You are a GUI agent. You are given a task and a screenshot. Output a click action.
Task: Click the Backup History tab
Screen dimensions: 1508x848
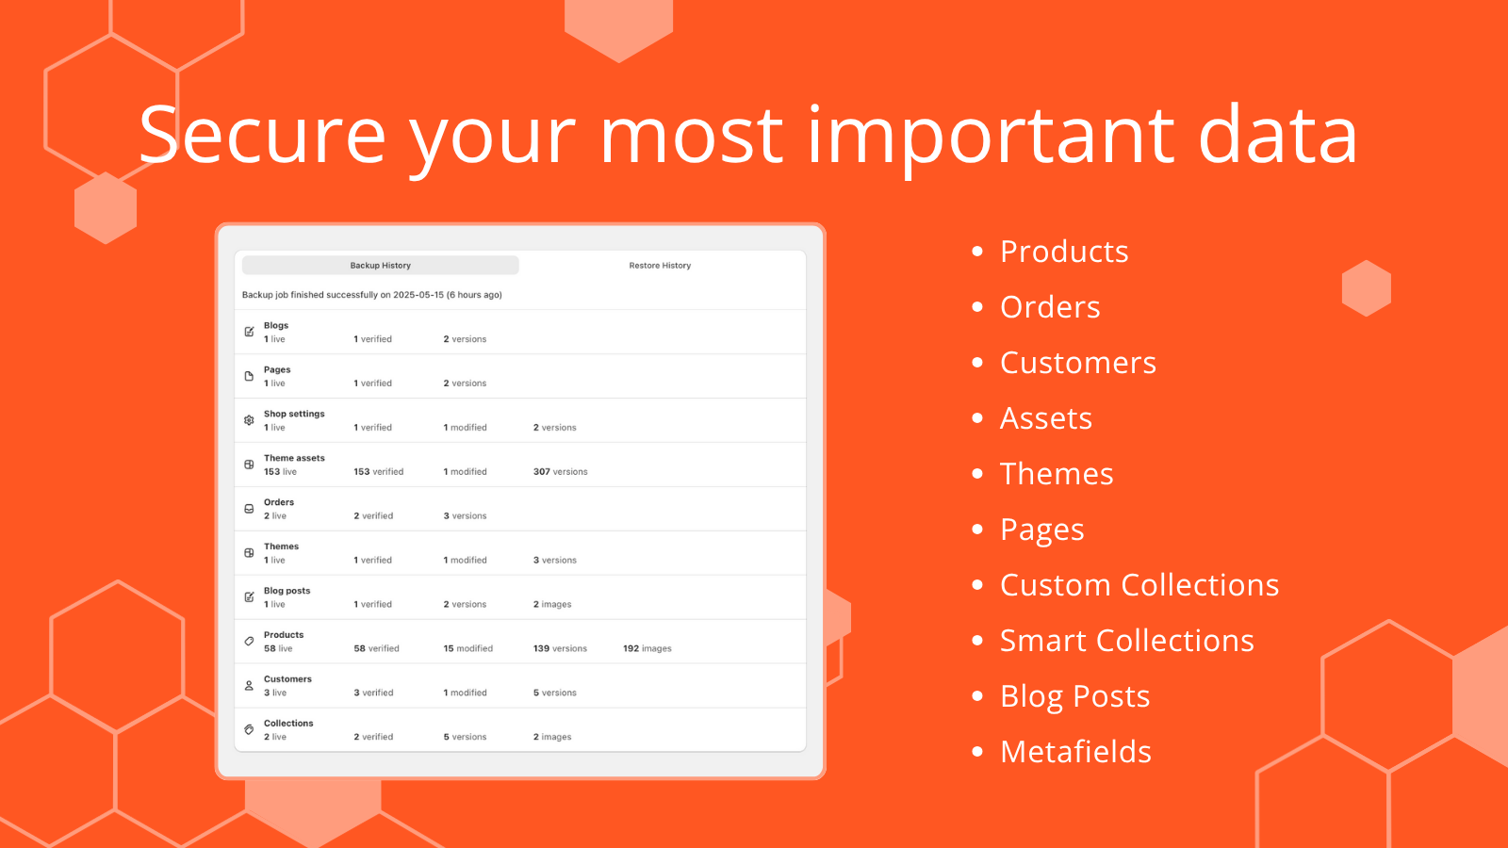(x=381, y=265)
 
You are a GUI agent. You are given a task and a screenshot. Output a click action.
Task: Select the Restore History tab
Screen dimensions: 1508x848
(x=660, y=265)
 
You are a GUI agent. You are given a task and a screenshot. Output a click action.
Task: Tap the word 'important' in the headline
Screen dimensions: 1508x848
(x=991, y=138)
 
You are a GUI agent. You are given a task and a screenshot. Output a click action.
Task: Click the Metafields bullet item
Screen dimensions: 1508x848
(x=1075, y=751)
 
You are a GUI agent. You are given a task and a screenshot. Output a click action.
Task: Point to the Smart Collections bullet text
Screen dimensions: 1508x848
(x=1127, y=640)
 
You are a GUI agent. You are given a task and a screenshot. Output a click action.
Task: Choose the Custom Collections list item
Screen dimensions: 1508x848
(x=1139, y=584)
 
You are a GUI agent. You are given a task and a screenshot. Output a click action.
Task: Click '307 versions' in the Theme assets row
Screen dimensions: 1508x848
(x=560, y=472)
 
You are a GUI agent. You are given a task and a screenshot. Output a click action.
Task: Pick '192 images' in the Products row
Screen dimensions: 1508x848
(x=647, y=649)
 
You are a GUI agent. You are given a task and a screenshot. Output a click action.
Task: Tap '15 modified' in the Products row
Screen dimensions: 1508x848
(x=467, y=649)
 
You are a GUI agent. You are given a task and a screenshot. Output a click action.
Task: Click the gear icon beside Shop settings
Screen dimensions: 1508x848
(x=249, y=420)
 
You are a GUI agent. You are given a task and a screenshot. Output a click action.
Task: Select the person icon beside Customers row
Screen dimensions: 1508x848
(x=249, y=685)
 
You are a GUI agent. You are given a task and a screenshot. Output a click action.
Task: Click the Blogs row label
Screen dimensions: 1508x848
(x=276, y=326)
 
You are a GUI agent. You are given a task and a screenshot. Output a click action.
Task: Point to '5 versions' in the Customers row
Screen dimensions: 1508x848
(x=555, y=693)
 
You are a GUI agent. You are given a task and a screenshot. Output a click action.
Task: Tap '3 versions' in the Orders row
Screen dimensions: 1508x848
(x=465, y=516)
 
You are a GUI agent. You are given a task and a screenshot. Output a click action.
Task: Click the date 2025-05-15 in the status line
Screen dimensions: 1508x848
(x=418, y=295)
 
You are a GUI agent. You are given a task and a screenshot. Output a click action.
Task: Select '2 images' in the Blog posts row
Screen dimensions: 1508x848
(x=552, y=604)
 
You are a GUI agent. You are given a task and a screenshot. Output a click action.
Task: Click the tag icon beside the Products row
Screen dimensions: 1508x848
(x=249, y=642)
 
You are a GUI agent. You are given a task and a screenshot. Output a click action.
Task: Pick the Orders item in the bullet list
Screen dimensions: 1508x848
(x=1050, y=307)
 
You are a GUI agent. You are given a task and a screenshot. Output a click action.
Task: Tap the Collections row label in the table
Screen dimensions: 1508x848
(x=288, y=724)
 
